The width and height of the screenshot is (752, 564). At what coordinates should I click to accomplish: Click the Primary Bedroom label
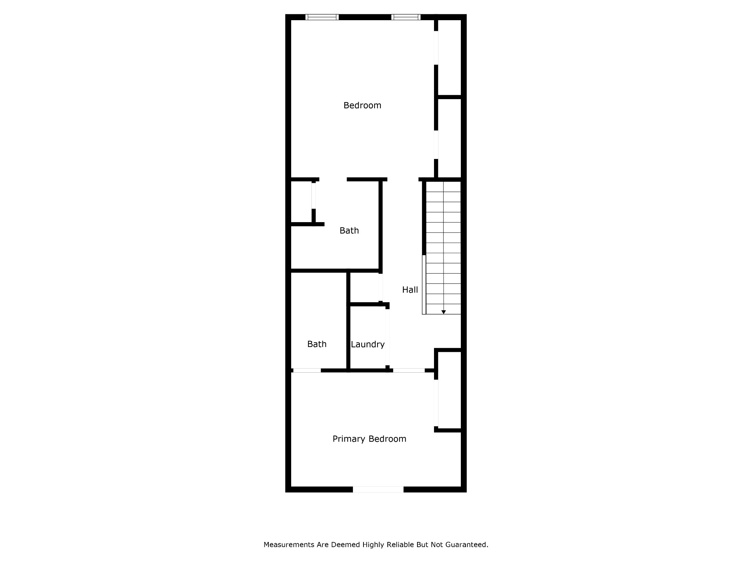pyautogui.click(x=369, y=439)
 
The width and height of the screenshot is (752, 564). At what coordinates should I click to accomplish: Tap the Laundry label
pyautogui.click(x=368, y=344)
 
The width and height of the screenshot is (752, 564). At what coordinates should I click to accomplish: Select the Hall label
pyautogui.click(x=410, y=290)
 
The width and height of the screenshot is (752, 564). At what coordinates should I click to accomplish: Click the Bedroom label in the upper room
pyautogui.click(x=362, y=105)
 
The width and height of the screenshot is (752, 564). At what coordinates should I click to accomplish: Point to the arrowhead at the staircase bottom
pyautogui.click(x=444, y=312)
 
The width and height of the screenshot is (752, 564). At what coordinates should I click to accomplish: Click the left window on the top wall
pyautogui.click(x=322, y=17)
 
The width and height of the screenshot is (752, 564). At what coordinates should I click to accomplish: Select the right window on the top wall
pyautogui.click(x=406, y=17)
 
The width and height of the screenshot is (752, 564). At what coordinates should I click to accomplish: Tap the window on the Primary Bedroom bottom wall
pyautogui.click(x=378, y=489)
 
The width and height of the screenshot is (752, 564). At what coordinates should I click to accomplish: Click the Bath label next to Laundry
pyautogui.click(x=317, y=344)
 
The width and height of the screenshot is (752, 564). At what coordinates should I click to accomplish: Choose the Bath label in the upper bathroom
pyautogui.click(x=349, y=231)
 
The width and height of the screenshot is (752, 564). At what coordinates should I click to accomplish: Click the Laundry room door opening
pyautogui.click(x=387, y=337)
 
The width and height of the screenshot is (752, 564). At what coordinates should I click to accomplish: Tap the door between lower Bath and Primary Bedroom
pyautogui.click(x=307, y=370)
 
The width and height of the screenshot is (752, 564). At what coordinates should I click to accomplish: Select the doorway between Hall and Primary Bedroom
pyautogui.click(x=409, y=370)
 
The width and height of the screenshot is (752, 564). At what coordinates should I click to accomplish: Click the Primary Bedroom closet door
pyautogui.click(x=436, y=403)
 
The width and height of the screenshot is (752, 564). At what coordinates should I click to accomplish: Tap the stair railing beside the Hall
pyautogui.click(x=424, y=285)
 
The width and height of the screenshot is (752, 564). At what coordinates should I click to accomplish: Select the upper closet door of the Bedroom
pyautogui.click(x=436, y=48)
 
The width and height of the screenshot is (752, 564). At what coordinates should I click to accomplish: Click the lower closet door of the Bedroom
pyautogui.click(x=436, y=145)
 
